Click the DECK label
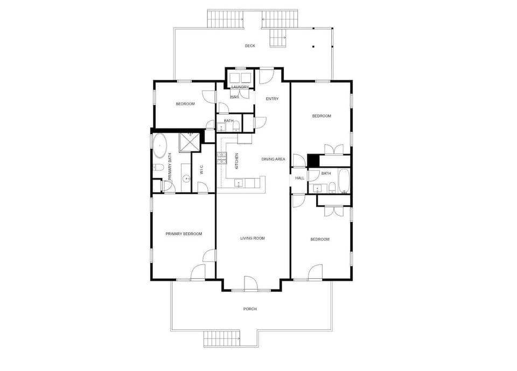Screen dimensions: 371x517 pos(250,46)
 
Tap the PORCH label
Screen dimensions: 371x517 pos(250,309)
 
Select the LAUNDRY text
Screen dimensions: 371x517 pos(240,87)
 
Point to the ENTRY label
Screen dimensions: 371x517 pos(273,99)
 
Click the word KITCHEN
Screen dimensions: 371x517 pos(236,160)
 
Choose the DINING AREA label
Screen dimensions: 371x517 pos(273,159)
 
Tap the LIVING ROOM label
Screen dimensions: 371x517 pos(253,238)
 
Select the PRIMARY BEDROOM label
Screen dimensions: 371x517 pos(184,233)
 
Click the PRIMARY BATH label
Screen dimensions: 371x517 pos(170,167)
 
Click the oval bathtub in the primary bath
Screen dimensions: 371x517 pos(160,146)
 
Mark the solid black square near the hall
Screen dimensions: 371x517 pos(313,161)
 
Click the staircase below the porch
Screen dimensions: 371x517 pos(221,340)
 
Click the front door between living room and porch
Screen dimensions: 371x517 pos(250,284)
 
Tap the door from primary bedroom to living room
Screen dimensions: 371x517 pos(210,257)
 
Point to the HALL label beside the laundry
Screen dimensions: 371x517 pos(235,97)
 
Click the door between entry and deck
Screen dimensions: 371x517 pos(267,75)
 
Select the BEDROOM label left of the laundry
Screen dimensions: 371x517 pos(185,104)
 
